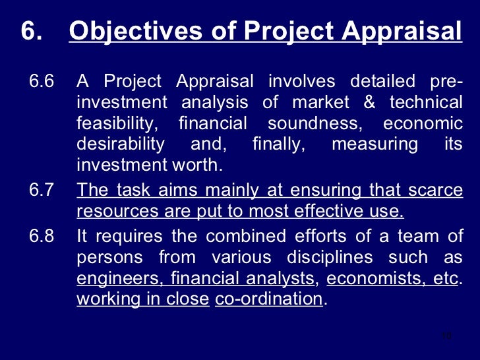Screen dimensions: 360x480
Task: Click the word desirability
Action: [121, 144]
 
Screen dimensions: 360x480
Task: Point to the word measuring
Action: [375, 144]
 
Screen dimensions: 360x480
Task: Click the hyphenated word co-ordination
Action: [269, 298]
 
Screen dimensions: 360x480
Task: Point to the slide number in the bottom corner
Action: [447, 336]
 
